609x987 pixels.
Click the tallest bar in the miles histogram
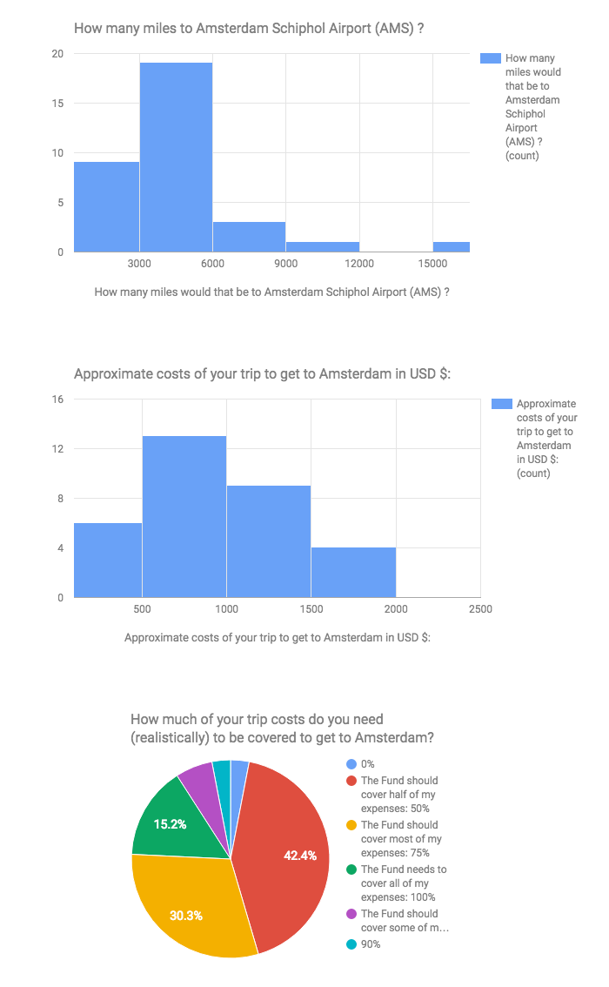(x=176, y=157)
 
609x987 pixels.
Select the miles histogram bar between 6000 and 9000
(x=249, y=237)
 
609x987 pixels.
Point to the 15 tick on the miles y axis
(x=57, y=104)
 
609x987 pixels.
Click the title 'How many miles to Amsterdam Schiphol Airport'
(x=249, y=29)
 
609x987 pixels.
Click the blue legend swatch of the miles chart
(x=491, y=58)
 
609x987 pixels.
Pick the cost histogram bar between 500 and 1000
(x=184, y=516)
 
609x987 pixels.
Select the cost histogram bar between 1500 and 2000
(x=353, y=572)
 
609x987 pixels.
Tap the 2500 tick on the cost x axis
(x=479, y=609)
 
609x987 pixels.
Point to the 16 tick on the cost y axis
(x=57, y=399)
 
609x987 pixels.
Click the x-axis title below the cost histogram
(x=278, y=637)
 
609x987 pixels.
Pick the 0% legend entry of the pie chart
(x=368, y=763)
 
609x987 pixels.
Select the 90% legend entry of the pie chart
(x=370, y=944)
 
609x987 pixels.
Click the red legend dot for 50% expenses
(x=351, y=781)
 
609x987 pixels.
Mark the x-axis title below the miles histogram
(x=271, y=292)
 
